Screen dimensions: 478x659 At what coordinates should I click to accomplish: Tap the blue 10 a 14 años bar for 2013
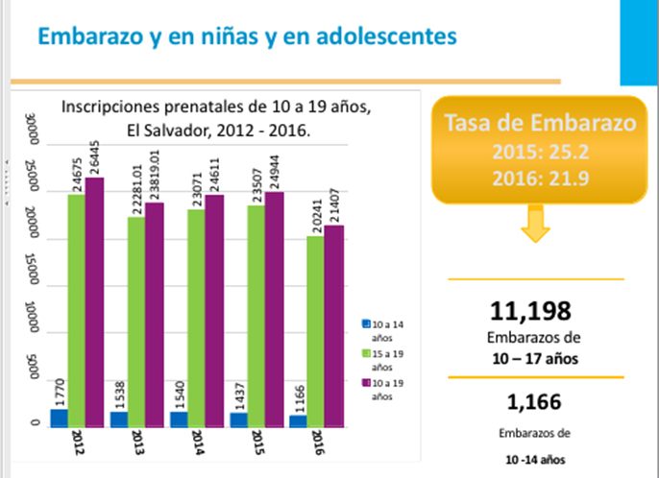tap(119, 418)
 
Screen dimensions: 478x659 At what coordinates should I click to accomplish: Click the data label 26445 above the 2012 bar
tap(95, 151)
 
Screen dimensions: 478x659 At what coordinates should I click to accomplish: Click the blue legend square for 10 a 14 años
tap(366, 324)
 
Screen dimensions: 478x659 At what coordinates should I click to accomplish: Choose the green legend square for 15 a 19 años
tap(366, 354)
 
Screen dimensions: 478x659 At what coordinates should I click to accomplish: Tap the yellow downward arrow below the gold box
tap(536, 227)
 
